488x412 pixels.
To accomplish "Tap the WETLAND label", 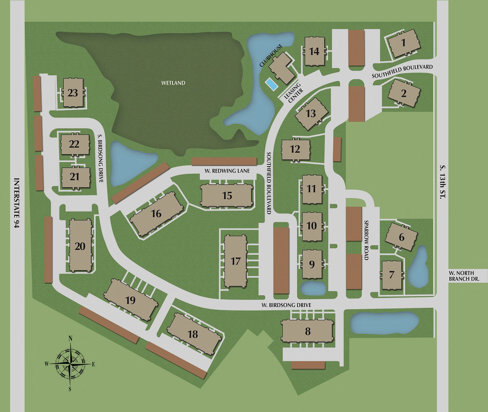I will [x=173, y=83].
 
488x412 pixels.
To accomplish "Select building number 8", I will [x=308, y=331].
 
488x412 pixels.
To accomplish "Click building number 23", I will [x=73, y=93].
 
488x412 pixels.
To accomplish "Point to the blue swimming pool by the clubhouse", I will [x=271, y=85].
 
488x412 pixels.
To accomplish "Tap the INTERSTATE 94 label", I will [x=17, y=203].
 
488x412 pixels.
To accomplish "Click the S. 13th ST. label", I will [x=443, y=182].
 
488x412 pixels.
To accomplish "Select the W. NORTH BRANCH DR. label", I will [x=464, y=276].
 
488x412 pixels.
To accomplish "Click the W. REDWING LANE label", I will [x=227, y=171].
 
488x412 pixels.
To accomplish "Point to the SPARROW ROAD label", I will [x=366, y=240].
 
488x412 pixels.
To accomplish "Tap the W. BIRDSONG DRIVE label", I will [x=286, y=305].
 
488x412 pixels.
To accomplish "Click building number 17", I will [x=236, y=261].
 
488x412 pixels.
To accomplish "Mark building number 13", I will [x=311, y=114].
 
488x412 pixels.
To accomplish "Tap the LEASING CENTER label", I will [x=294, y=93].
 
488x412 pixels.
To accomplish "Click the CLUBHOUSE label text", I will [x=271, y=56].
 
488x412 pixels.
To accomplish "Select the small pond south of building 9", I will [x=313, y=288].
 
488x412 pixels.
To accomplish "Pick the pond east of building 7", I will [x=418, y=266].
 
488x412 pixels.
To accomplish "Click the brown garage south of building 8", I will [x=308, y=365].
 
